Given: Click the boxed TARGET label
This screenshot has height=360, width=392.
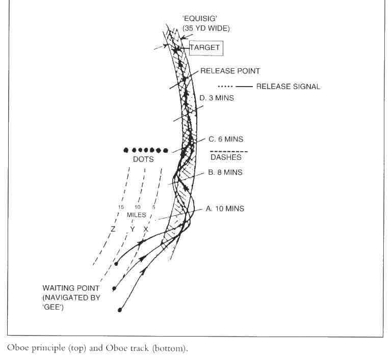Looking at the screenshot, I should (x=205, y=48).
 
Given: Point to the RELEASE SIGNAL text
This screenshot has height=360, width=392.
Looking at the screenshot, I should (x=288, y=87).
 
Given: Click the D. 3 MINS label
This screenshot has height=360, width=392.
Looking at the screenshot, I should (x=217, y=98).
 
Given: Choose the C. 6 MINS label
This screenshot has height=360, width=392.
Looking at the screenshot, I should (x=226, y=139).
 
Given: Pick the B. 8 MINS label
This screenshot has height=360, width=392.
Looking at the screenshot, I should (x=225, y=173).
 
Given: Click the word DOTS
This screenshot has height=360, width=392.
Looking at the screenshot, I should (x=143, y=159).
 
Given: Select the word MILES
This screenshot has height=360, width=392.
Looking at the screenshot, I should (x=137, y=215).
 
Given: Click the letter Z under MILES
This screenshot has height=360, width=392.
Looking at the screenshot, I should (x=113, y=230).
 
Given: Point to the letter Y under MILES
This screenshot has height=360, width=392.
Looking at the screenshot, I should (x=132, y=230).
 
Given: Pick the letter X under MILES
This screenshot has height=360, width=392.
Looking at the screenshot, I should (x=146, y=230).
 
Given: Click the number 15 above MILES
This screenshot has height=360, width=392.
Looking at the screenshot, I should (x=121, y=207).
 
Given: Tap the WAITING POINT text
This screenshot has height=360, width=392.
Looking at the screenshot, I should (x=71, y=288).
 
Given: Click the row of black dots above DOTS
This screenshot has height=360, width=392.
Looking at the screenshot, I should (x=146, y=150).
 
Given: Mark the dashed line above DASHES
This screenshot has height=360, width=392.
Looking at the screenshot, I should (x=229, y=152).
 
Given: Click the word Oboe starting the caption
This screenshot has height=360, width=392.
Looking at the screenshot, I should (x=17, y=348).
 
